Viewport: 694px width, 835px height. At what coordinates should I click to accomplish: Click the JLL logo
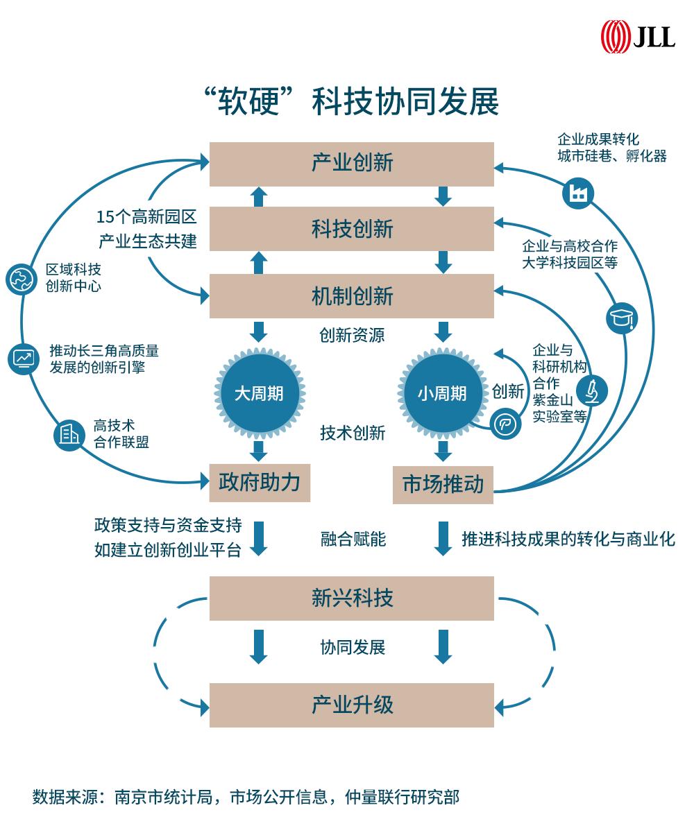638,36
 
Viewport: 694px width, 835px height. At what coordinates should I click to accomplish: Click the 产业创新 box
352,164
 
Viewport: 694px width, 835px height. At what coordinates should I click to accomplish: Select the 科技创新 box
352,229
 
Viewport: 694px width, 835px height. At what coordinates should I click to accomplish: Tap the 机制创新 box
352,296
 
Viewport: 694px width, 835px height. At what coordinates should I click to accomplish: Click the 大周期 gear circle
259,393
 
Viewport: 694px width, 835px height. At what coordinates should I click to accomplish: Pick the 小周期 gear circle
442,393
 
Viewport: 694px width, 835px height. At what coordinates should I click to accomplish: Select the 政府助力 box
260,482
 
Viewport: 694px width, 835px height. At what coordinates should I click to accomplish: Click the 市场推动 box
443,484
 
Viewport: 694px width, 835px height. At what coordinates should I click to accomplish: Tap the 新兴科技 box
352,598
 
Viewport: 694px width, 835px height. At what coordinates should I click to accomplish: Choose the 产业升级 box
352,705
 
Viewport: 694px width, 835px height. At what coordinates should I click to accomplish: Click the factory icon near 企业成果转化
577,192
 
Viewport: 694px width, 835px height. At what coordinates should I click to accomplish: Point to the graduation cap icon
622,318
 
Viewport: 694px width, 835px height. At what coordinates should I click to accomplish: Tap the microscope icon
591,390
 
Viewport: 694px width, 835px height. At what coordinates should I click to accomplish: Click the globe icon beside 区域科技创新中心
21,278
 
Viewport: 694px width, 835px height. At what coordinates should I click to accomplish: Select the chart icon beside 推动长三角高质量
23,359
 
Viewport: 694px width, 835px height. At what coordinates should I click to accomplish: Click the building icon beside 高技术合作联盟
68,435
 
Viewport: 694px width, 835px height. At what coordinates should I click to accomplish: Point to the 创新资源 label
352,336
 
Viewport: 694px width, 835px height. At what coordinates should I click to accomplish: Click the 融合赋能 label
353,539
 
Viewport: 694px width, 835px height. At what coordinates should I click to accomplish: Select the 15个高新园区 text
146,217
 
